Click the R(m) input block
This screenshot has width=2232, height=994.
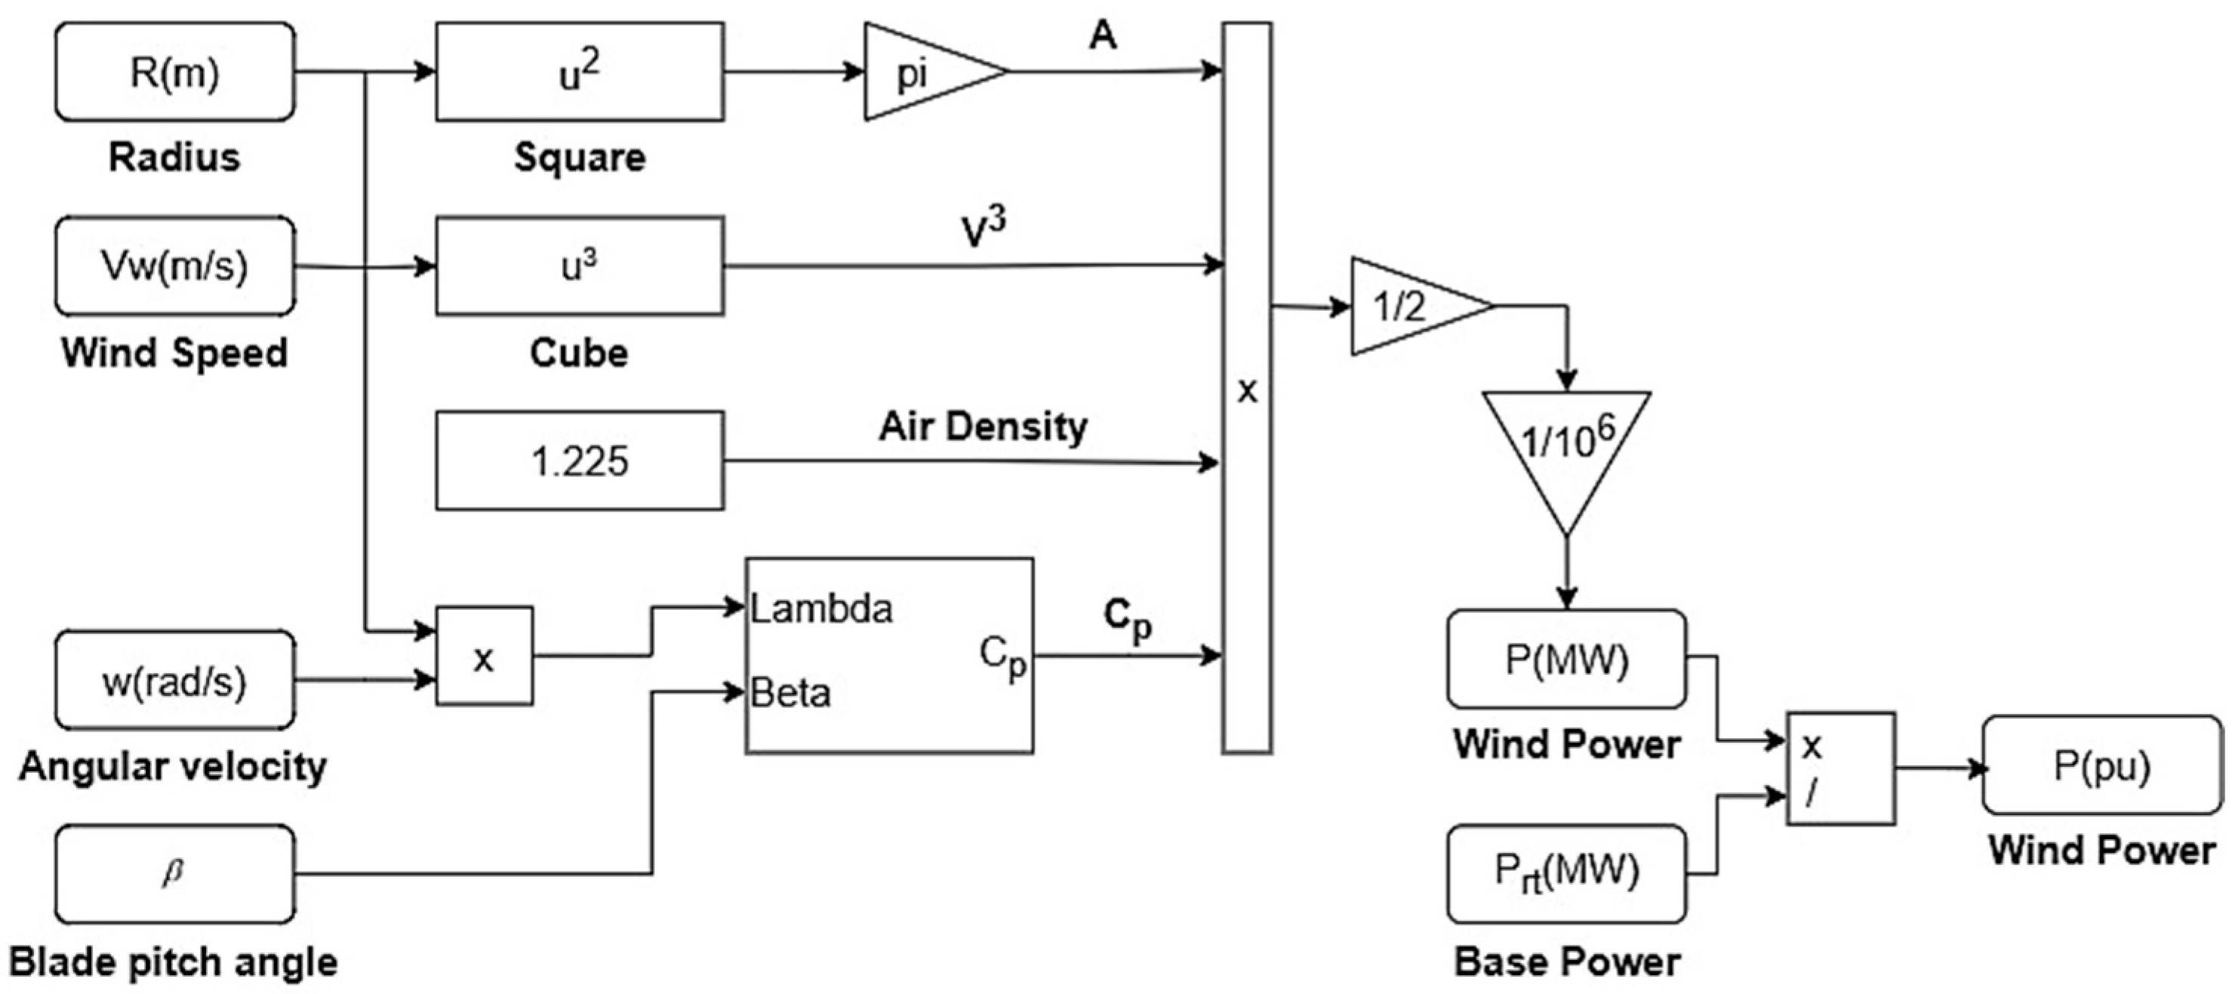click(x=175, y=72)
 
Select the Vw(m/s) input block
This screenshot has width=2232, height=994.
click(x=175, y=266)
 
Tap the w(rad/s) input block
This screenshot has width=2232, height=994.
click(x=175, y=680)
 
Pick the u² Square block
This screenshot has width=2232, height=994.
click(x=580, y=72)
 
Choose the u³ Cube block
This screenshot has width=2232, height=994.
click(x=580, y=266)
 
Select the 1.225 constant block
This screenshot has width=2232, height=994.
click(x=580, y=460)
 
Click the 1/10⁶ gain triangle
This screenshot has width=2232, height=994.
click(x=1566, y=451)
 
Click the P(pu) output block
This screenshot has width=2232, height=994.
click(x=2103, y=765)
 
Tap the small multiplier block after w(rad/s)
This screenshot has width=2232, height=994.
click(x=485, y=656)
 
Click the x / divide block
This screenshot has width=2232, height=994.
click(x=1841, y=768)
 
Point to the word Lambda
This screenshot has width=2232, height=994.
click(x=820, y=609)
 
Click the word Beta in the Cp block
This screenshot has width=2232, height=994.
click(x=790, y=694)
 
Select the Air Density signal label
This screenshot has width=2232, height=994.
click(x=984, y=427)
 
